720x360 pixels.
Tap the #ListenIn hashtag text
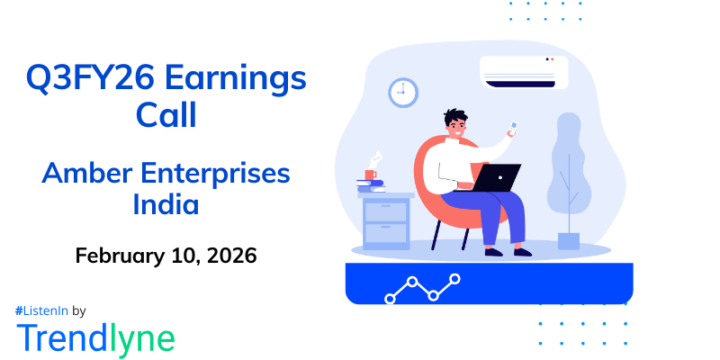(x=42, y=310)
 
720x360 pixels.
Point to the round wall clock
(x=403, y=92)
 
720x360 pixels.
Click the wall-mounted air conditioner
(x=524, y=72)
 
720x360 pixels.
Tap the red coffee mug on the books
(x=371, y=174)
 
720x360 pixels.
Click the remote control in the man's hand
(x=513, y=127)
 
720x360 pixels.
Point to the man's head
(x=455, y=123)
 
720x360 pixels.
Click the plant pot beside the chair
(x=569, y=240)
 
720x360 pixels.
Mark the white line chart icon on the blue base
(x=423, y=288)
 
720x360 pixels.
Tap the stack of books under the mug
(x=371, y=186)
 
